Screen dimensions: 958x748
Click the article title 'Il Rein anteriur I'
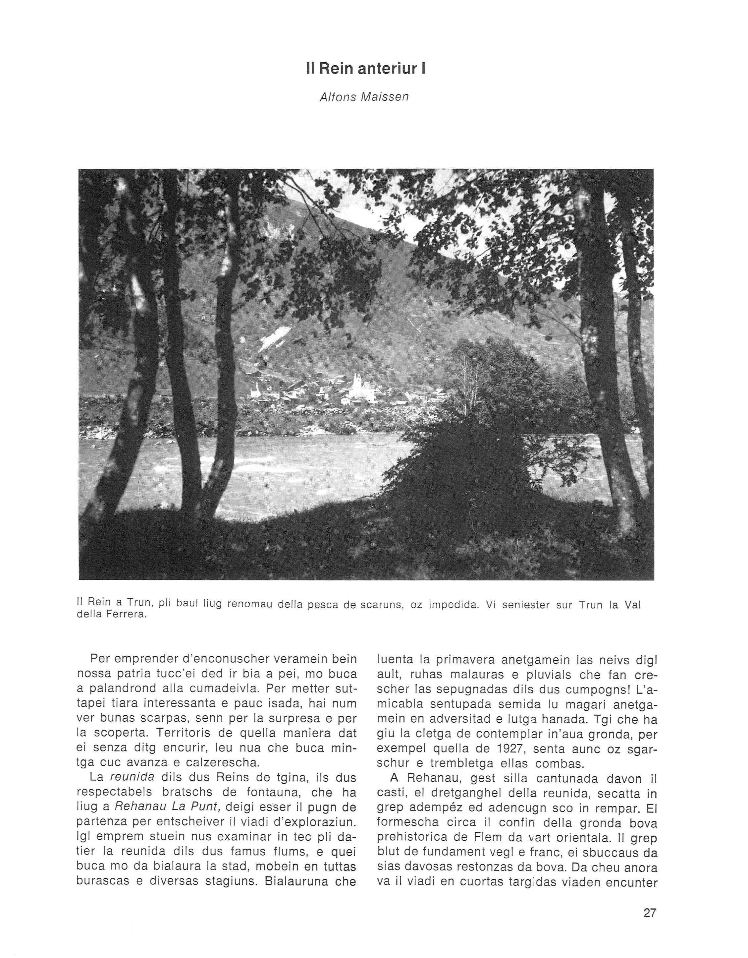(366, 69)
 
